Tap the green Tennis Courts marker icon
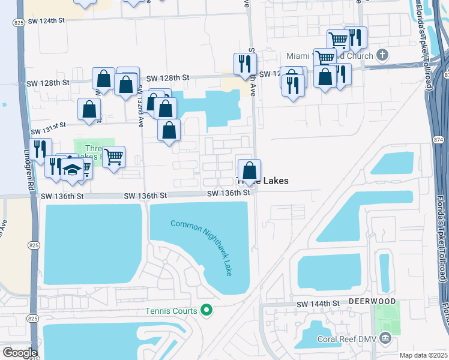[206, 310]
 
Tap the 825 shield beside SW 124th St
[17, 22]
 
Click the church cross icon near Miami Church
[382, 55]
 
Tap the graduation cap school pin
[72, 170]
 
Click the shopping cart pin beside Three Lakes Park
[113, 157]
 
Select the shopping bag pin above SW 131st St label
[89, 109]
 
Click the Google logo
[20, 352]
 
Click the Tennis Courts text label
[171, 311]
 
